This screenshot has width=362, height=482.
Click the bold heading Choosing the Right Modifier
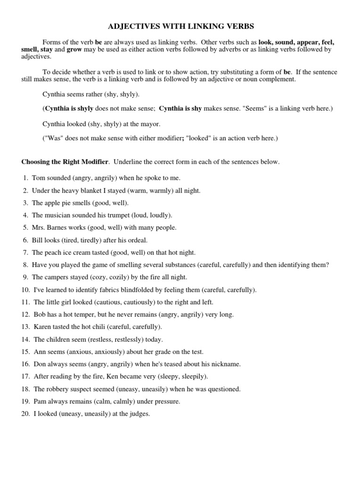65,162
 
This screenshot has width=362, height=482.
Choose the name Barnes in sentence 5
59,227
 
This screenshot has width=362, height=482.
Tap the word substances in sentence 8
189,265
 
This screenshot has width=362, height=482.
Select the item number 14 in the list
25,339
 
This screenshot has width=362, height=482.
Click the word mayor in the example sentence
150,124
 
